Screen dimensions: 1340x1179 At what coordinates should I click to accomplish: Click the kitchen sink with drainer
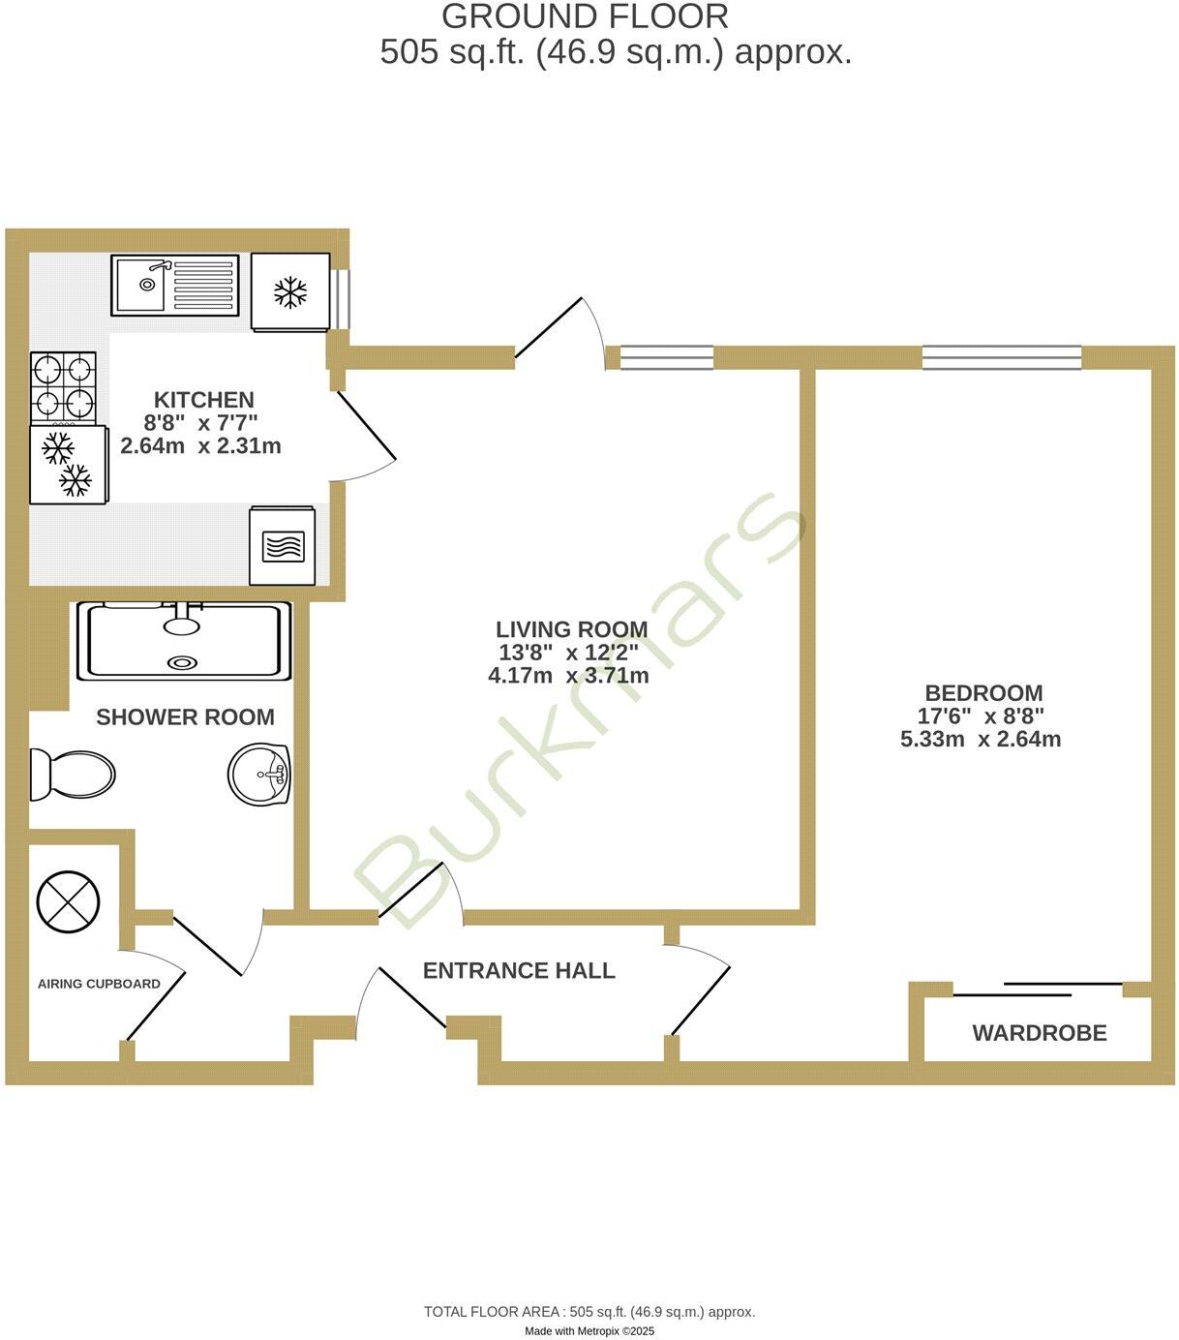[174, 285]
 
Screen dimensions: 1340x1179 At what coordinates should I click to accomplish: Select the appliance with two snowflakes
[68, 465]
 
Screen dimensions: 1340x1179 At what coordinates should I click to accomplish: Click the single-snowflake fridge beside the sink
[290, 292]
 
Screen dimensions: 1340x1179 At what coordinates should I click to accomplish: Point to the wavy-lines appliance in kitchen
[283, 547]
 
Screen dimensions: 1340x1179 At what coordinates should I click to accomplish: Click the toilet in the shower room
[73, 775]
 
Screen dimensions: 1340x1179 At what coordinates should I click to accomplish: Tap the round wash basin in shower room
[259, 775]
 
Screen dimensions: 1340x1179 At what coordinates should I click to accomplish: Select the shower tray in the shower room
[184, 641]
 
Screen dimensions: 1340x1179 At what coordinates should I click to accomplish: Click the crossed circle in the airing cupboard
[68, 902]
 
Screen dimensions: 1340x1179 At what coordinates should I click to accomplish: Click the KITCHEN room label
[203, 400]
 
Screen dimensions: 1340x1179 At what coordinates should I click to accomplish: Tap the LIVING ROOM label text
[571, 629]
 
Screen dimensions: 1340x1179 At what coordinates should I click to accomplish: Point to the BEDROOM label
[983, 693]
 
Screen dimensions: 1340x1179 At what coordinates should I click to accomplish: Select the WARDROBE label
[1039, 1033]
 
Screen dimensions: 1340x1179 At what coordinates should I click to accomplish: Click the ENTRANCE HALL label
[519, 970]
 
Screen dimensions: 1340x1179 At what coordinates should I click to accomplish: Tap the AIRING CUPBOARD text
[99, 984]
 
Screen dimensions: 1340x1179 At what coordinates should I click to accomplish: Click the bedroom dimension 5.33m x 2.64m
[981, 740]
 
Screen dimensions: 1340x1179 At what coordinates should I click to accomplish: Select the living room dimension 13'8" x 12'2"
[568, 653]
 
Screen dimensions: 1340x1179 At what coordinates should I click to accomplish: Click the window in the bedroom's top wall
[1001, 358]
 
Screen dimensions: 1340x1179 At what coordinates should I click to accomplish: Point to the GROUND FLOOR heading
[585, 16]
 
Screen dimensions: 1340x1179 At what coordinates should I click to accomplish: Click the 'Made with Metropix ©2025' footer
[589, 1331]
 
